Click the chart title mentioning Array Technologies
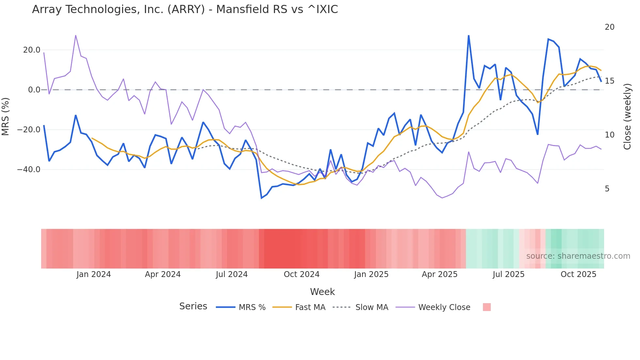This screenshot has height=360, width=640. pyautogui.click(x=185, y=9)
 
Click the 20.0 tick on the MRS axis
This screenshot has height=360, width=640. pyautogui.click(x=32, y=50)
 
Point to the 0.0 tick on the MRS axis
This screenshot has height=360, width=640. pyautogui.click(x=34, y=90)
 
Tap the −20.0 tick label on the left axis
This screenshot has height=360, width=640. pyautogui.click(x=29, y=130)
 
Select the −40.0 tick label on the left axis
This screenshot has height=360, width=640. pyautogui.click(x=29, y=170)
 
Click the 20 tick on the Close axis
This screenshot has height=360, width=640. pyautogui.click(x=609, y=27)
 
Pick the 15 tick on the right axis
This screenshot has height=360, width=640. pyautogui.click(x=609, y=81)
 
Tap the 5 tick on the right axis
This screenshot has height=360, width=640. pyautogui.click(x=607, y=189)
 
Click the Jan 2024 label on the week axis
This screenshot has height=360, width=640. pyautogui.click(x=94, y=274)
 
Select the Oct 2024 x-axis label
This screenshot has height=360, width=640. pyautogui.click(x=301, y=274)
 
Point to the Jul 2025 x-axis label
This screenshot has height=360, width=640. pyautogui.click(x=508, y=274)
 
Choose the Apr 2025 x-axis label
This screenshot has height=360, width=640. pyautogui.click(x=440, y=274)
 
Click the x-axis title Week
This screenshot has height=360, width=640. pyautogui.click(x=322, y=292)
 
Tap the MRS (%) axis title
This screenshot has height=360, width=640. pyautogui.click(x=6, y=116)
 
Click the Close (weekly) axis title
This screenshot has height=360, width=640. pyautogui.click(x=627, y=117)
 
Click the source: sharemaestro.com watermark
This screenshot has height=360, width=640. pyautogui.click(x=578, y=256)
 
